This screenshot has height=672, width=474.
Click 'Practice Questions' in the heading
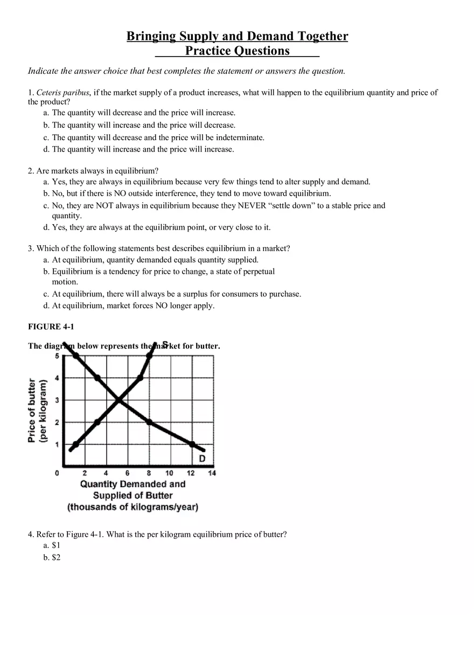point(237,51)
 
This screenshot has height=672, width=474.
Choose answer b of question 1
point(143,125)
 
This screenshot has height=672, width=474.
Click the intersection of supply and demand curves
point(119,400)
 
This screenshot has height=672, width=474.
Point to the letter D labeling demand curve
point(202,459)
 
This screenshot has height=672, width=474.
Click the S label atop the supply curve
point(165,344)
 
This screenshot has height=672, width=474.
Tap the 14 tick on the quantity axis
point(212,473)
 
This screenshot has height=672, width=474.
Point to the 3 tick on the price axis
point(57,400)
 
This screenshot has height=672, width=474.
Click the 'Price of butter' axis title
point(32,411)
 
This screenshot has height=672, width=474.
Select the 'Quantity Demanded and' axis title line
point(133,484)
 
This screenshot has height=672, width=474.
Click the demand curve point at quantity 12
point(192,444)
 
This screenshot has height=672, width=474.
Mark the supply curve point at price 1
point(75,444)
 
